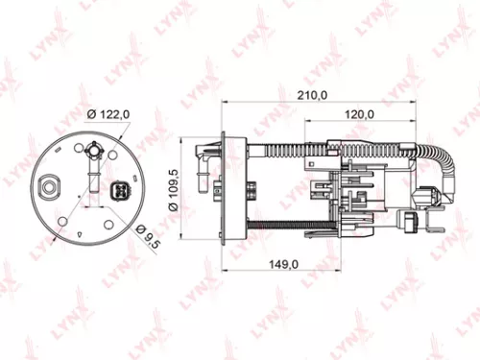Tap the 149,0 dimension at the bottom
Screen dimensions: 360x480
click(x=278, y=264)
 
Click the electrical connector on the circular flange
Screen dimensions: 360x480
click(x=121, y=189)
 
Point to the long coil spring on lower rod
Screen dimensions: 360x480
click(x=278, y=228)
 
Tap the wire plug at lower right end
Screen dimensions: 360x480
click(x=412, y=224)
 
